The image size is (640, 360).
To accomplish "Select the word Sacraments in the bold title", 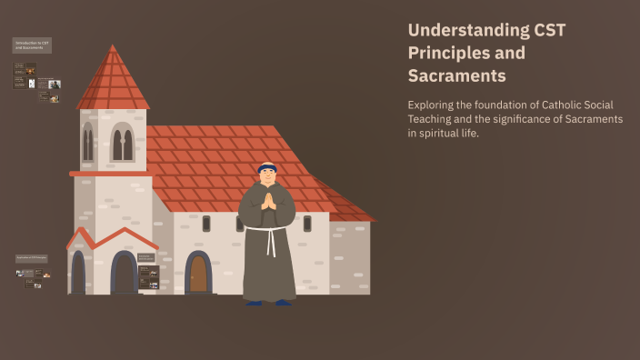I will coord(456,75).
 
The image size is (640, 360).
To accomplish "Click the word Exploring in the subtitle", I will coord(435,105).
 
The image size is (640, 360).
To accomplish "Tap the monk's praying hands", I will coord(268,201).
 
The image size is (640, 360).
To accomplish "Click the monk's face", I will coord(267,176).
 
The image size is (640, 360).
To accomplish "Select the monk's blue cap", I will coord(267,165).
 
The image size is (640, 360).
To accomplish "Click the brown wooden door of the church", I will coord(198,273).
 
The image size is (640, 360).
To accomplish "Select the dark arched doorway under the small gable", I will coord(124,274).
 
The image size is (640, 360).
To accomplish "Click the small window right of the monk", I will coord(307,224).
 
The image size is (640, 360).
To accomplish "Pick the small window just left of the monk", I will coord(206,224).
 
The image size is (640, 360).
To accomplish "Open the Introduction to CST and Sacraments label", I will coord(32,45).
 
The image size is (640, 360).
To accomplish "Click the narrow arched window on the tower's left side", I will coord(88,144).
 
